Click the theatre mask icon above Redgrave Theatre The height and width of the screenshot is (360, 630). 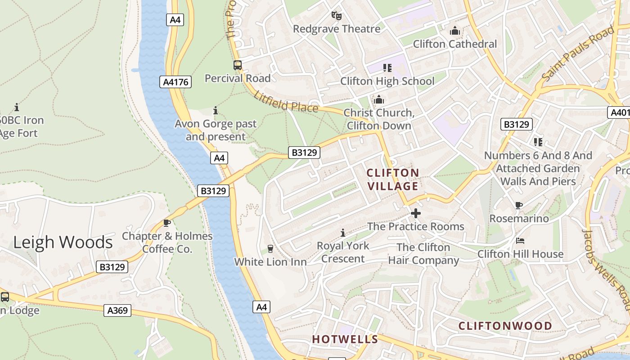pos(336,16)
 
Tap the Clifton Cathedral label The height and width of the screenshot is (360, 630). pos(455,44)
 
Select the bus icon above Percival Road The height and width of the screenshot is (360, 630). pos(237,65)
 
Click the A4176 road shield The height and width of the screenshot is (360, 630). pos(175,82)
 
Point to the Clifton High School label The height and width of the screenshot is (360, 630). pos(387,81)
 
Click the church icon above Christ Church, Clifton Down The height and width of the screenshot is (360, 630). pos(379,99)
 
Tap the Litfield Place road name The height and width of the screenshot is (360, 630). pos(286,101)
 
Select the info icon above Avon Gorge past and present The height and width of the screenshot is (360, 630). pos(216,110)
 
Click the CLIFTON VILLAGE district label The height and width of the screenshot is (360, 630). pos(393,179)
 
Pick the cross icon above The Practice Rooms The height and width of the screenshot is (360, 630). pos(415,213)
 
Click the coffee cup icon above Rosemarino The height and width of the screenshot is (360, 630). pos(518,206)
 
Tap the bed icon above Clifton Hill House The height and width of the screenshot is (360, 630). pos(520,241)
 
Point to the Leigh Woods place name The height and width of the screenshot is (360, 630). pos(63,242)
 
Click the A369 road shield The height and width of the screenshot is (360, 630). pos(117,310)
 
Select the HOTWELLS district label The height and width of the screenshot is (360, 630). pos(345,339)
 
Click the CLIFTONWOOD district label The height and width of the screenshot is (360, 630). pos(505,325)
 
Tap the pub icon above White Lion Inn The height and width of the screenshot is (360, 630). pos(270,249)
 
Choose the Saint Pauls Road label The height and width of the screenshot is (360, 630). pos(578,54)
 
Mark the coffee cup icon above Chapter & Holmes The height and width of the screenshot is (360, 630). pos(167,223)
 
